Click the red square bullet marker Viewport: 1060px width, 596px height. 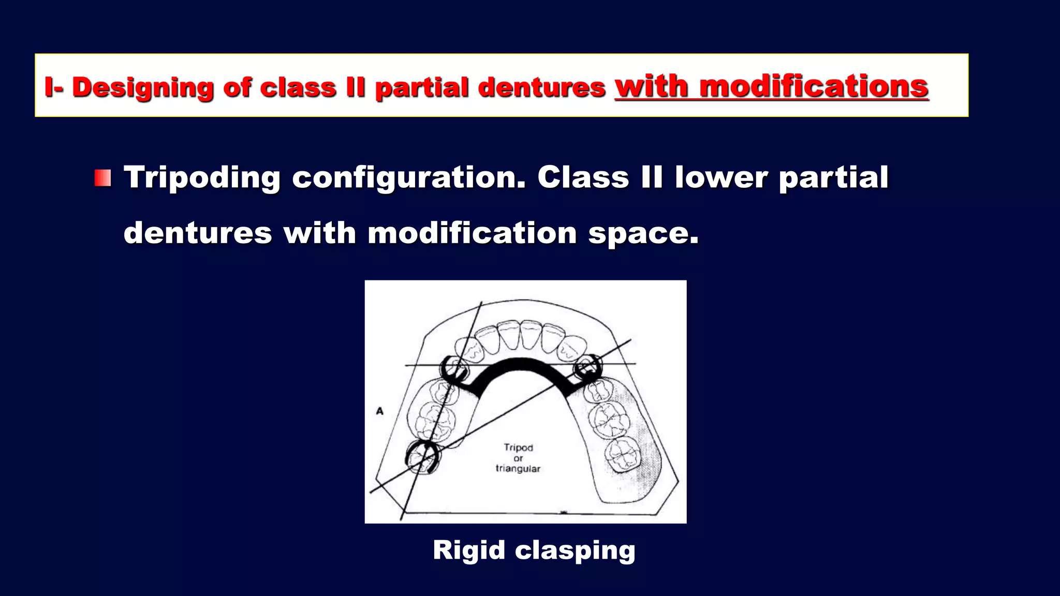pyautogui.click(x=102, y=178)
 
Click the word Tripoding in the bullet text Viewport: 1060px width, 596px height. pyautogui.click(x=202, y=178)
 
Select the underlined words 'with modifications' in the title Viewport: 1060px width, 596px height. pyautogui.click(x=771, y=86)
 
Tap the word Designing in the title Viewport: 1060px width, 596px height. pyautogui.click(x=143, y=87)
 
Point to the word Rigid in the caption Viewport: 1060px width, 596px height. pyautogui.click(x=468, y=549)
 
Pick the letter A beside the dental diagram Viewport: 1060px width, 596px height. pyautogui.click(x=380, y=411)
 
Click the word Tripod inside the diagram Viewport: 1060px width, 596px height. pyautogui.click(x=518, y=448)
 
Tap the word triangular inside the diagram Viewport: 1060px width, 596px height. pyautogui.click(x=518, y=469)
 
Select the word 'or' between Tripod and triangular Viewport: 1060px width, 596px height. pyautogui.click(x=518, y=458)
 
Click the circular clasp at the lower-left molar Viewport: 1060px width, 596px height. pyautogui.click(x=422, y=457)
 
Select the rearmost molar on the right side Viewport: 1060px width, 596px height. pyautogui.click(x=624, y=454)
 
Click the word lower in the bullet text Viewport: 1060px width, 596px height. pyautogui.click(x=721, y=178)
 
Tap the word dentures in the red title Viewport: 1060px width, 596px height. pyautogui.click(x=541, y=87)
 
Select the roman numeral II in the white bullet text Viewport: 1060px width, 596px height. pyautogui.click(x=652, y=178)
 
